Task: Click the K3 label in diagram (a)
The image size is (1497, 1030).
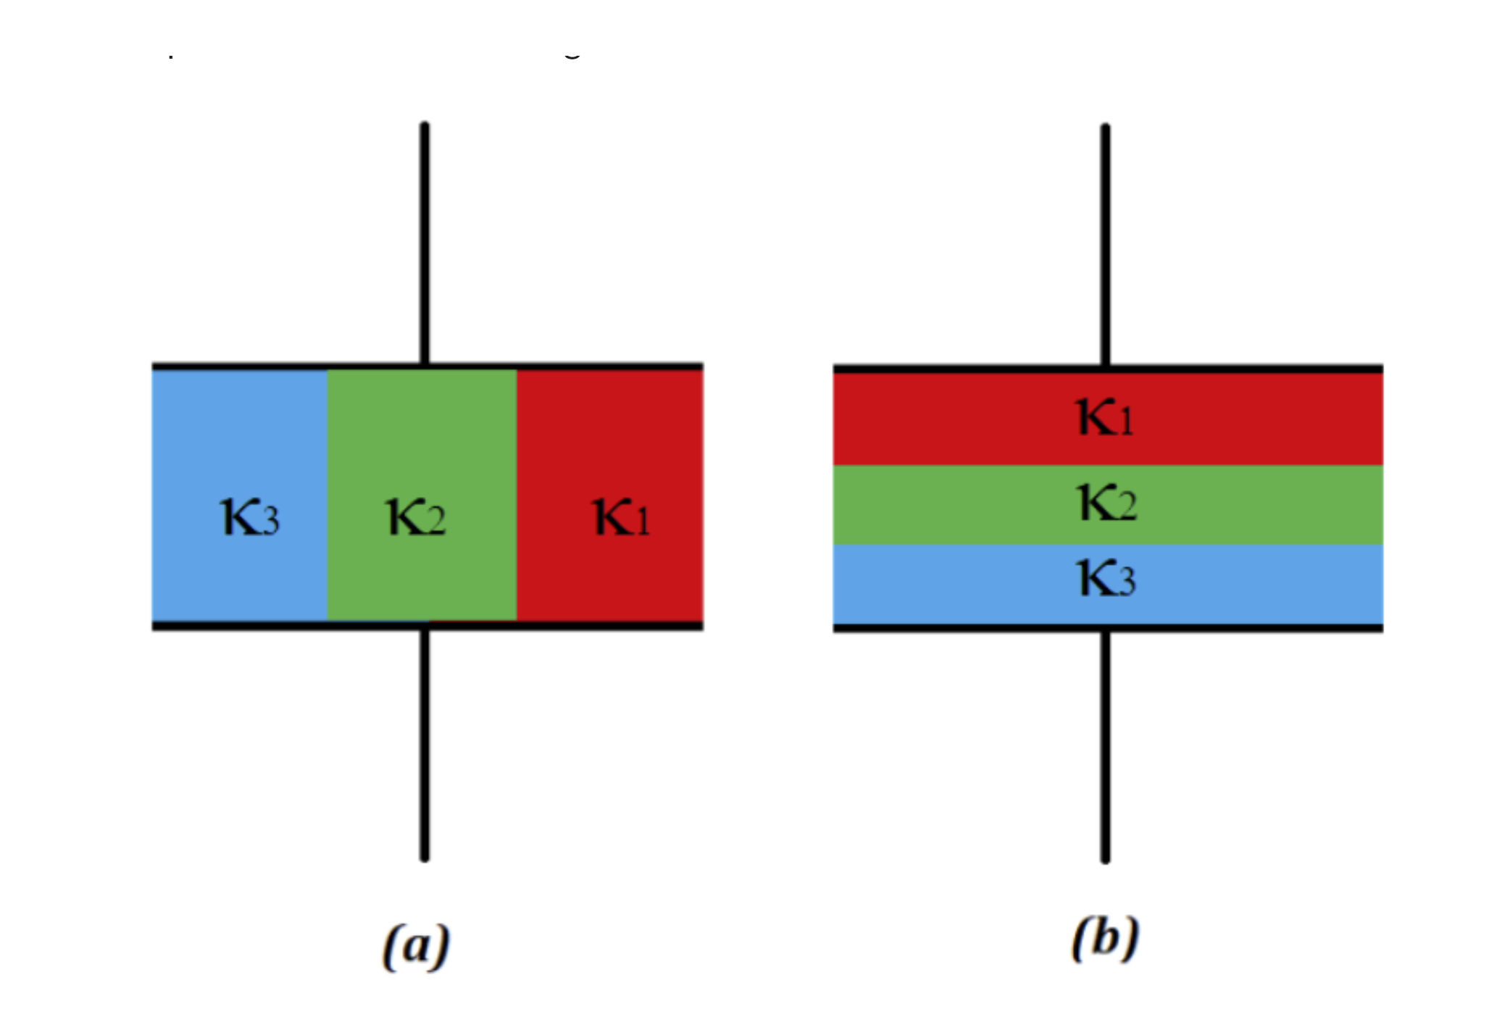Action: [250, 516]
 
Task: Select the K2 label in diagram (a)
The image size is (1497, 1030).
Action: [416, 516]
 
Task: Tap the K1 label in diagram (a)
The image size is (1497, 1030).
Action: [622, 516]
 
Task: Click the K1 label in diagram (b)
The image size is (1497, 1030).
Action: [1105, 417]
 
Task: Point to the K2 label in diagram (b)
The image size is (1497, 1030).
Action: [1107, 503]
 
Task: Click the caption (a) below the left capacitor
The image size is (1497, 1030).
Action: [416, 946]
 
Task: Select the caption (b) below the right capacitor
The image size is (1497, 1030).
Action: [1105, 939]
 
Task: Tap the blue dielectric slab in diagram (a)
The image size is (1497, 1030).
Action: [239, 435]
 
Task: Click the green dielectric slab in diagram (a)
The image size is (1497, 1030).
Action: [422, 435]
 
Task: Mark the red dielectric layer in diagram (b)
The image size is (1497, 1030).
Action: [942, 419]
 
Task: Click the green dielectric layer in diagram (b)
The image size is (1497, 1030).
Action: [942, 504]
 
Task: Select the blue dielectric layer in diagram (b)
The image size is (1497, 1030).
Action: [942, 584]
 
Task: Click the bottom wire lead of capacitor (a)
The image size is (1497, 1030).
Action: [425, 746]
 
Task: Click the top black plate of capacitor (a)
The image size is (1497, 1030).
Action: [290, 367]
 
